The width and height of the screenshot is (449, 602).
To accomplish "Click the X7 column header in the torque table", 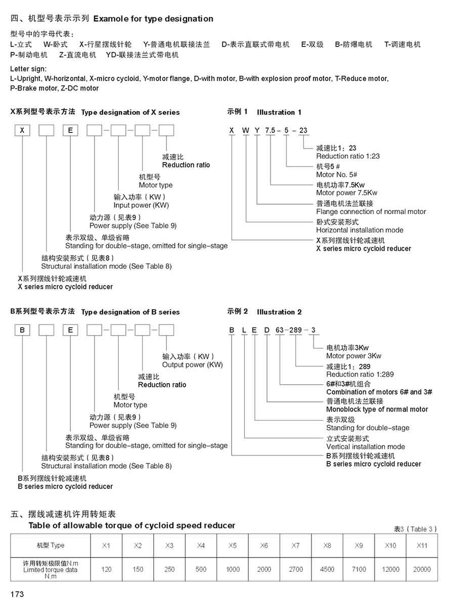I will (296, 546).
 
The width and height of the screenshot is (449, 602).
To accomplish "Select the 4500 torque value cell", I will (327, 569).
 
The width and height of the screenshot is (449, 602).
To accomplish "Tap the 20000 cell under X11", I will (422, 569).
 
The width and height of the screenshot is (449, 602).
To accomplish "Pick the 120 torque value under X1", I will (106, 569).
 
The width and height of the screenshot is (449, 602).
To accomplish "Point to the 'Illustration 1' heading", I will (279, 112).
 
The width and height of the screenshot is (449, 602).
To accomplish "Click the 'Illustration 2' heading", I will (279, 312).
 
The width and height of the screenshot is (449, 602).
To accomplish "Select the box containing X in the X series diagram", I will (22, 130).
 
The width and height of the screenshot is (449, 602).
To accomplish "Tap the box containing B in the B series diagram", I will (22, 331).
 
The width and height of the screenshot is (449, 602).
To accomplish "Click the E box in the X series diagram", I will (71, 130).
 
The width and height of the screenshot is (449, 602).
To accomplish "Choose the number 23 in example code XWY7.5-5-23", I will (303, 130).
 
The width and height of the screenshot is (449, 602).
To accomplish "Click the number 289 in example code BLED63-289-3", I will (295, 331).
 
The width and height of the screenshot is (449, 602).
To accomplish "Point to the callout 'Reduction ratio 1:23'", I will (348, 157).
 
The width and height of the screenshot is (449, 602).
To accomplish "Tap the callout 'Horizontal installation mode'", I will (360, 230).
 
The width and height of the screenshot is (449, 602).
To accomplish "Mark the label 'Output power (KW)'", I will (192, 365).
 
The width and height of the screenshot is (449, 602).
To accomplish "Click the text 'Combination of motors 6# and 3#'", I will (379, 392).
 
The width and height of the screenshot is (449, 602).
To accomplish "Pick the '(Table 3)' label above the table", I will (422, 529).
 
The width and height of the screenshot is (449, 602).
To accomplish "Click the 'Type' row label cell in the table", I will (51, 546).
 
